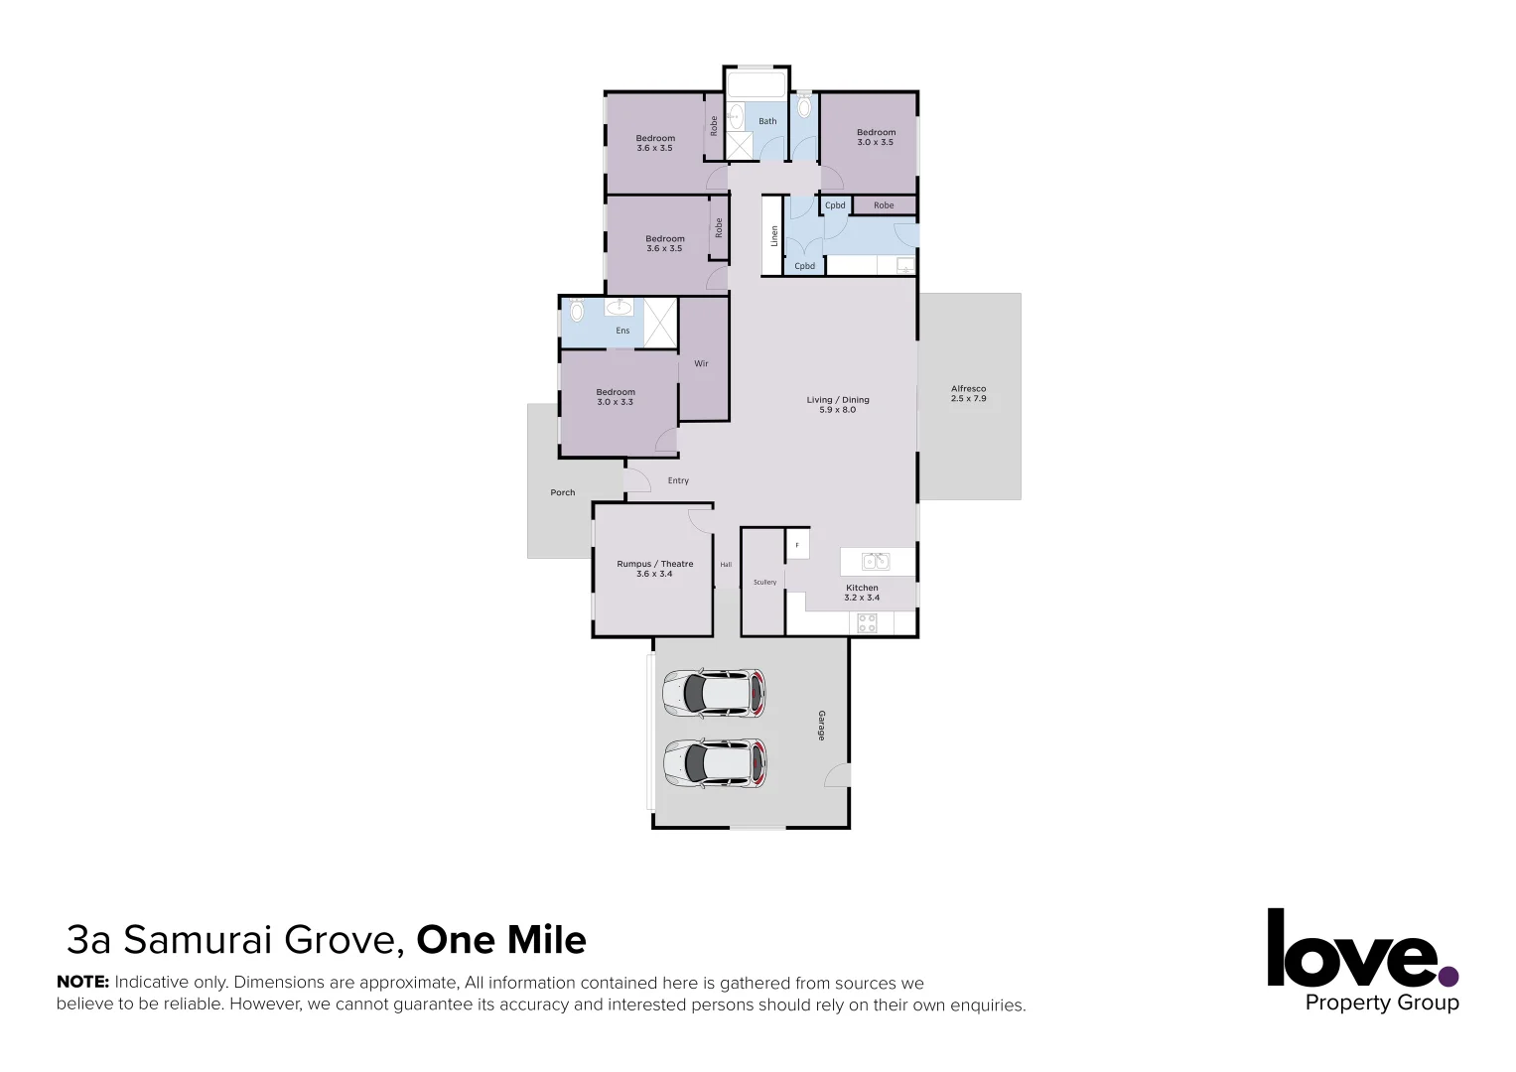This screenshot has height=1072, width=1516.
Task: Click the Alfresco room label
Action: click(968, 389)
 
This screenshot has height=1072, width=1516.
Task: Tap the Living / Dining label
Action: click(837, 400)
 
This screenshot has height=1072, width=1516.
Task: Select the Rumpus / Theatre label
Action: click(654, 564)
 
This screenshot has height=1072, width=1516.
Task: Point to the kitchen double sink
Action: click(875, 562)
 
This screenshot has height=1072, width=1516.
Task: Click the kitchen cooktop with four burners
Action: click(867, 623)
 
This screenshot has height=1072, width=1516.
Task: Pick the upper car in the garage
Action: click(714, 693)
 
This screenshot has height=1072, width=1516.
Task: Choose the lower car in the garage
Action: click(714, 763)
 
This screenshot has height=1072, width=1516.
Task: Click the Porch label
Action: click(562, 492)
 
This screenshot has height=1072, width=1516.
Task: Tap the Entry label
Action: click(678, 480)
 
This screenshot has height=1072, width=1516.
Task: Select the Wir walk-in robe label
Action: click(701, 363)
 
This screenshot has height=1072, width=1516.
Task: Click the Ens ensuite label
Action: click(622, 331)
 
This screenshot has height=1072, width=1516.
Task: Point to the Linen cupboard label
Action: click(774, 236)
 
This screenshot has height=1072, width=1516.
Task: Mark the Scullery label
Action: click(764, 582)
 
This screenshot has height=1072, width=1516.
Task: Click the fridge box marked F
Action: click(797, 544)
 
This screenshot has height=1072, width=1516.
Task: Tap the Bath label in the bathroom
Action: click(767, 121)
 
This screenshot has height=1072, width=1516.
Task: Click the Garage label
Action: click(821, 726)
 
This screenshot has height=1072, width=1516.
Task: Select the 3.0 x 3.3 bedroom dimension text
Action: click(615, 402)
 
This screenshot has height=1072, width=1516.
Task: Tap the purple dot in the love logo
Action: click(1448, 977)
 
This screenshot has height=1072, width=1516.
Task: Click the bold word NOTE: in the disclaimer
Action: click(82, 983)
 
